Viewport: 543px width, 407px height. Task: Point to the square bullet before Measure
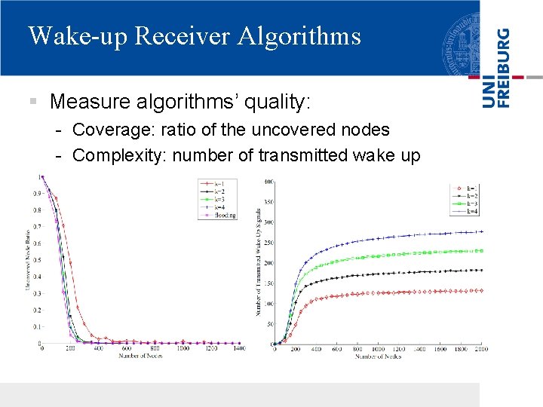click(x=32, y=101)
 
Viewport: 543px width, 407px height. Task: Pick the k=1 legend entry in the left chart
click(x=219, y=183)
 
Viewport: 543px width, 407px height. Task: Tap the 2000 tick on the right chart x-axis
click(x=480, y=349)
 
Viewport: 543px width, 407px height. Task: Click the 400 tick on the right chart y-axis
click(x=269, y=182)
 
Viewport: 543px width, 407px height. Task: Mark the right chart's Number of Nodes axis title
click(x=379, y=356)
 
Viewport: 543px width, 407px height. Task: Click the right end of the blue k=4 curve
click(x=481, y=231)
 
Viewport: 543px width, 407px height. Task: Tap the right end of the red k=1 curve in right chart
click(x=481, y=290)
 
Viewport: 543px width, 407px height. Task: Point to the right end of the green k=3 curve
click(x=481, y=251)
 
